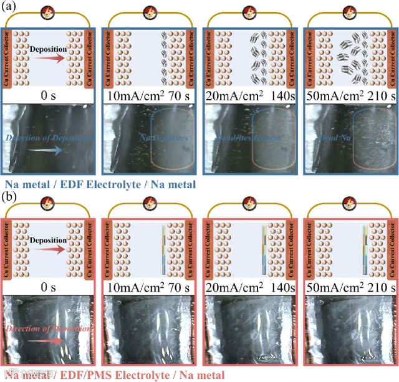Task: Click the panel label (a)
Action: pyautogui.click(x=8, y=7)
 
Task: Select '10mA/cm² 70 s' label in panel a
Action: pyautogui.click(x=149, y=97)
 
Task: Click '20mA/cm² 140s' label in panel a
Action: pyautogui.click(x=251, y=97)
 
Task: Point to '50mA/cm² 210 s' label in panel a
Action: pyautogui.click(x=349, y=97)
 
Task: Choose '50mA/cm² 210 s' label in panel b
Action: pyautogui.click(x=349, y=287)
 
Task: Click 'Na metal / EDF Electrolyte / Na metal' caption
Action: pyautogui.click(x=100, y=184)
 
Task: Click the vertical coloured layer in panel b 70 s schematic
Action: pyautogui.click(x=163, y=250)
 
